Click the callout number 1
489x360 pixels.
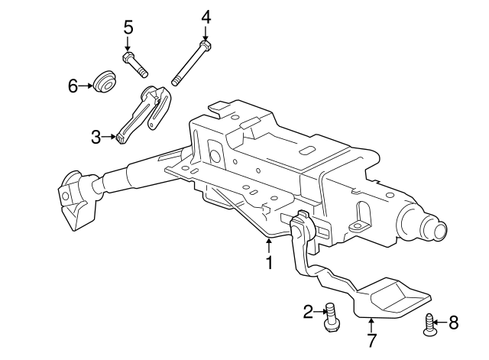click(x=269, y=263)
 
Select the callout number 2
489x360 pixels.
click(x=309, y=312)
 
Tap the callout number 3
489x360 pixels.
click(x=96, y=138)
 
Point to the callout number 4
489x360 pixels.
click(x=206, y=16)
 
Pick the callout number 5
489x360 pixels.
click(x=128, y=28)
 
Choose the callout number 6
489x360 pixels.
click(x=73, y=86)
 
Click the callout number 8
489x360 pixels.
click(x=453, y=323)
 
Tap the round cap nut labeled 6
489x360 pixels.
click(x=105, y=81)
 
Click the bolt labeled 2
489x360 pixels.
click(x=332, y=316)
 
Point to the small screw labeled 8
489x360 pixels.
click(x=429, y=324)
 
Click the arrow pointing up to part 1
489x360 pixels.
click(x=269, y=245)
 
